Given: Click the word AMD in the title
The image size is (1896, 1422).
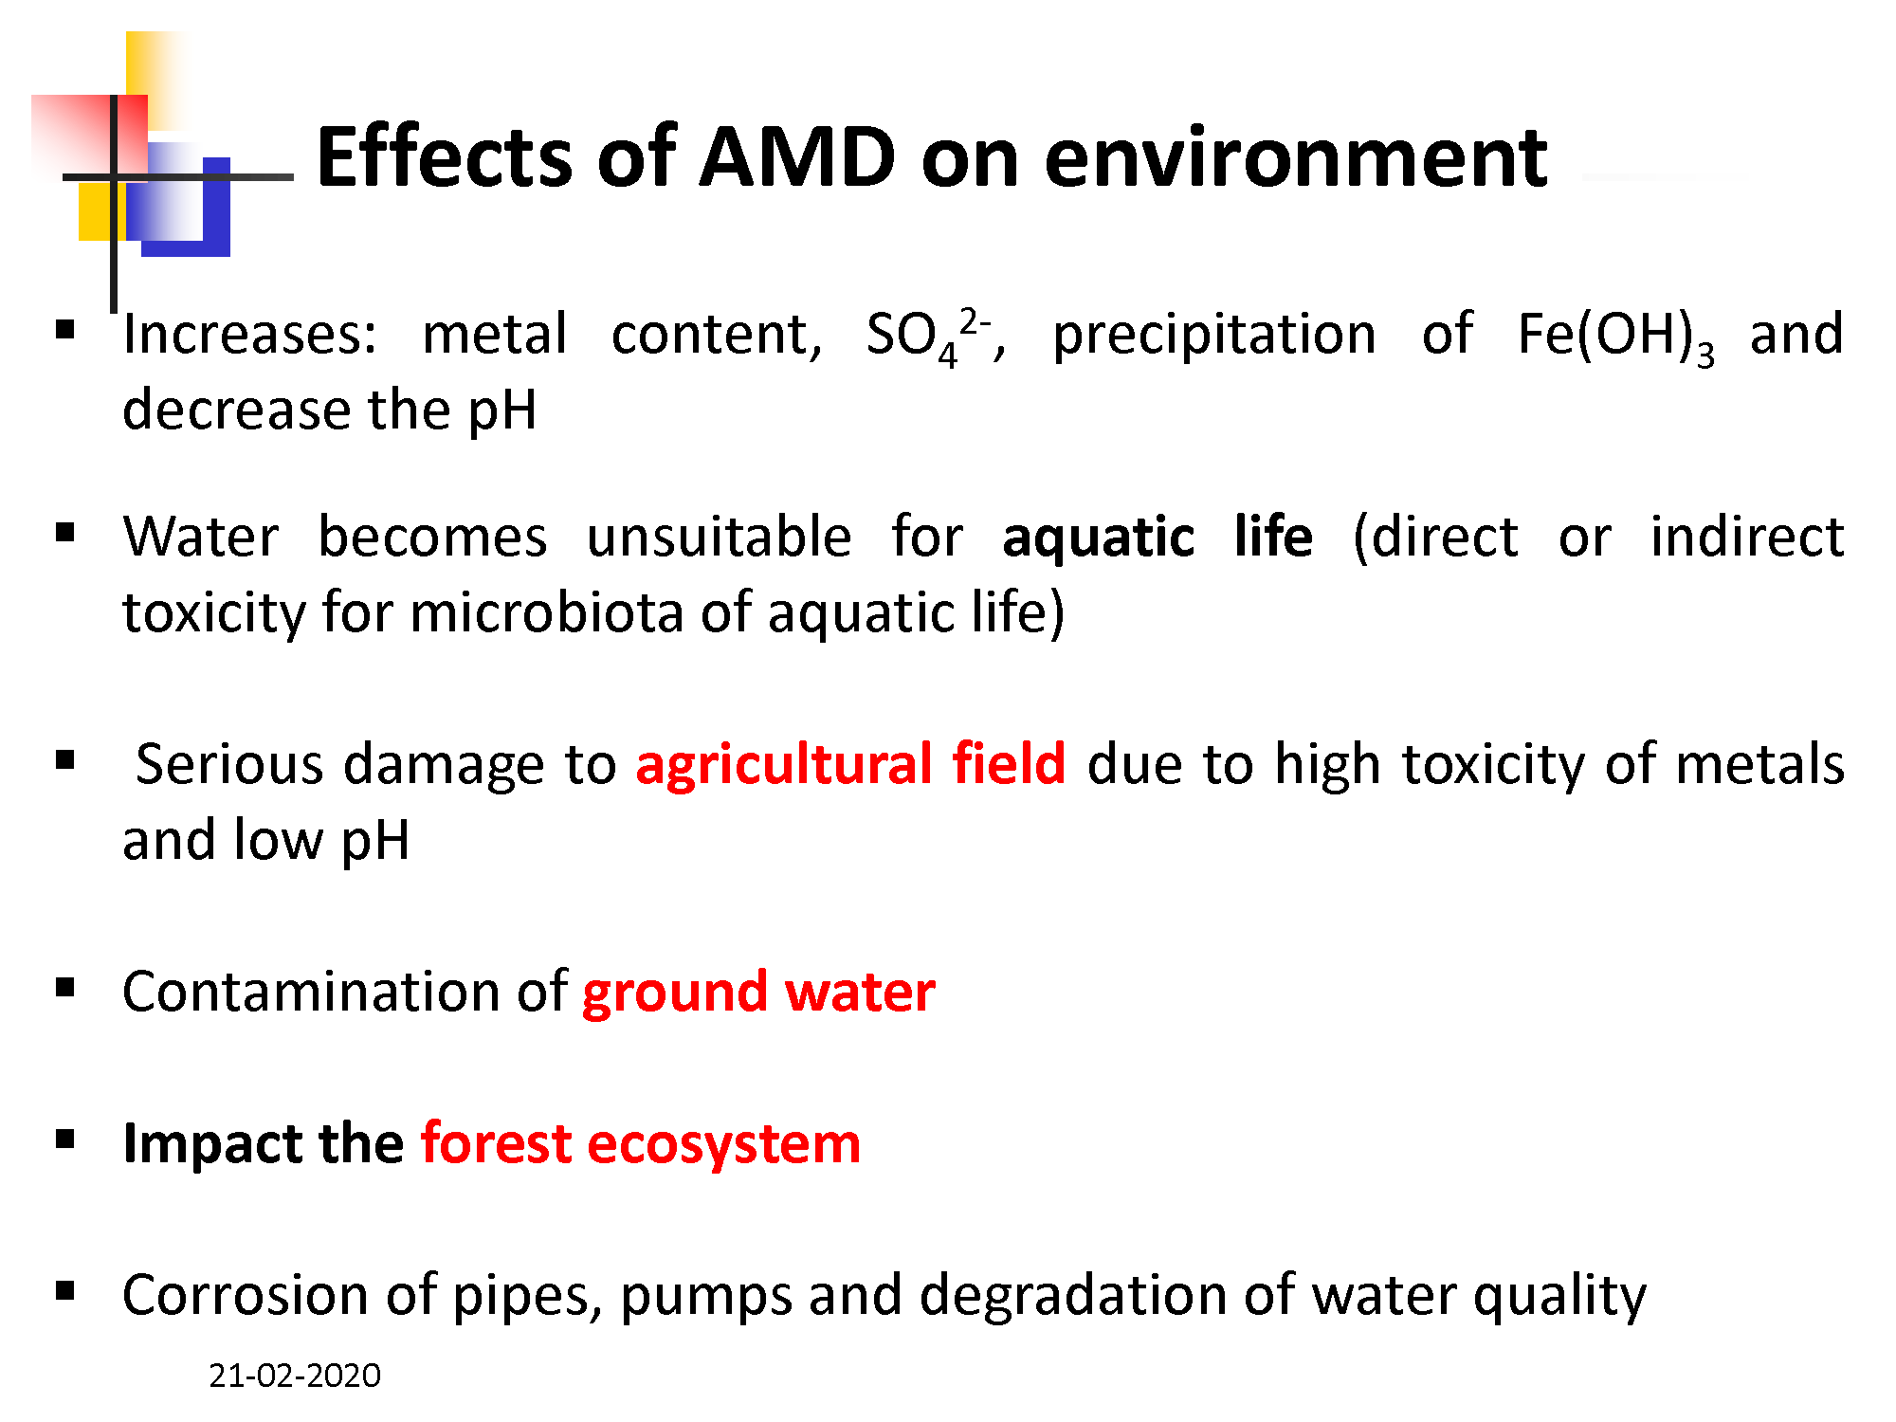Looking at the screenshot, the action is pos(797,156).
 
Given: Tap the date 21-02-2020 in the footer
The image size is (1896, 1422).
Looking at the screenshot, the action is pos(295,1375).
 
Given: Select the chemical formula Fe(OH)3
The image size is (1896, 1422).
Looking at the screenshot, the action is pos(1616,337).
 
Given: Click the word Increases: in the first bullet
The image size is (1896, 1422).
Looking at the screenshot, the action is pos(250,335).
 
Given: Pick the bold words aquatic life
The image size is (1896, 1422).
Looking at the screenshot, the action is pos(1158,538).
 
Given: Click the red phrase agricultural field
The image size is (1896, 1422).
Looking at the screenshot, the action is pos(850,764).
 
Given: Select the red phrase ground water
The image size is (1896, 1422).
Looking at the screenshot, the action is pos(758,993).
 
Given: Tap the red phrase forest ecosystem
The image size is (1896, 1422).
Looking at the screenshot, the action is pos(641,1144).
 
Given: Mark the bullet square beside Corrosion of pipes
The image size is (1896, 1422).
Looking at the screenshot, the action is pos(65,1290).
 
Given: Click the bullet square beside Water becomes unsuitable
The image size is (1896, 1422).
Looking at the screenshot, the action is pos(65,533).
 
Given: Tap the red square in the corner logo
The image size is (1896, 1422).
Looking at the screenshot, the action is pos(89,136).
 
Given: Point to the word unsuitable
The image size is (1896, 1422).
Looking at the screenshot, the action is pos(719,537).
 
